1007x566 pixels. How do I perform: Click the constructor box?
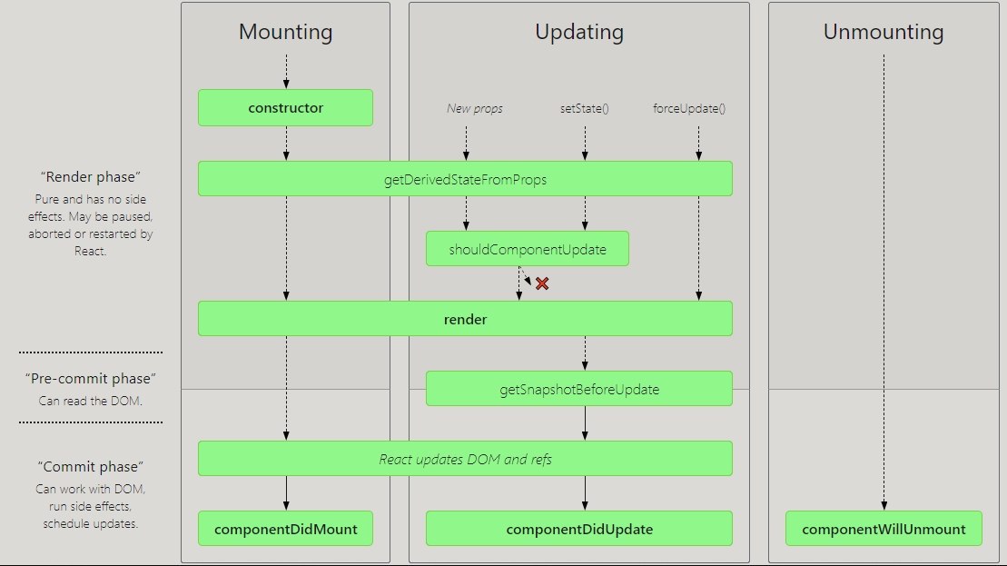coord(285,108)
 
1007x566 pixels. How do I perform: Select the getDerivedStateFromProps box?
coord(465,179)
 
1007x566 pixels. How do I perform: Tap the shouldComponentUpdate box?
coord(528,249)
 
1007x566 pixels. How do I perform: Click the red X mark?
coord(542,283)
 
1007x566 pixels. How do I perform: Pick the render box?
coord(465,319)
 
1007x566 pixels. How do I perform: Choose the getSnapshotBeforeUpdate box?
coord(578,389)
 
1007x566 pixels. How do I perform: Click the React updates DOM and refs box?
coord(465,459)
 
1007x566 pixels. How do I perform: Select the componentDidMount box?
coord(285,529)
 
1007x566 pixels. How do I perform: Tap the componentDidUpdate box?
coord(578,529)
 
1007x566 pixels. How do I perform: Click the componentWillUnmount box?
coord(884,529)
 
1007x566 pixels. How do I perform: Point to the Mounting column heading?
coord(286,32)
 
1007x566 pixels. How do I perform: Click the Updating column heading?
coord(579,32)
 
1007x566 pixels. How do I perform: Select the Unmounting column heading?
coord(884,32)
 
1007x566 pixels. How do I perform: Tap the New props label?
coord(475,109)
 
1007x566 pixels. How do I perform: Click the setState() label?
coord(585,109)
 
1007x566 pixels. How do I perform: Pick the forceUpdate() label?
coord(689,109)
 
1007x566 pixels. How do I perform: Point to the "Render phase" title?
coord(91,176)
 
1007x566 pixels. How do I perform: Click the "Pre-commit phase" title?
coord(91,379)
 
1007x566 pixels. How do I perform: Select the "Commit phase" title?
coord(91,466)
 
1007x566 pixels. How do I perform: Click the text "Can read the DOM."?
coord(91,401)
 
